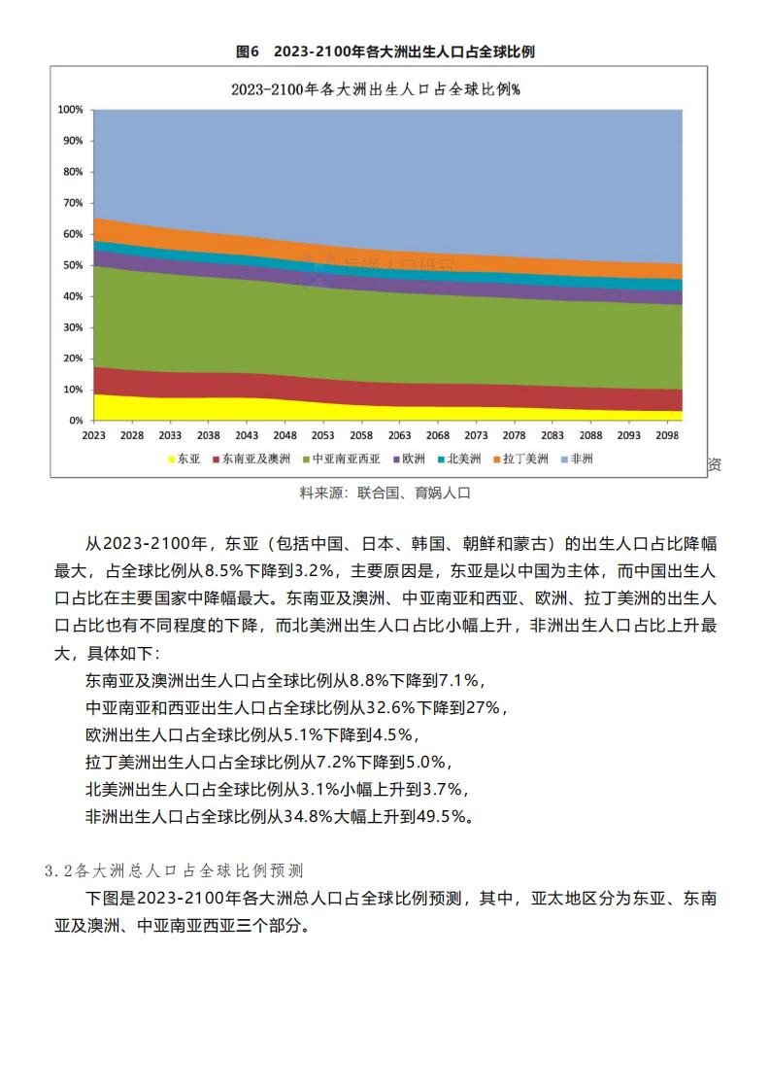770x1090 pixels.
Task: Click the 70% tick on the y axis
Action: (73, 203)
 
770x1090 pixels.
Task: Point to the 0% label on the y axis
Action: (76, 421)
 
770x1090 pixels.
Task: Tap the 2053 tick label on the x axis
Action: (322, 435)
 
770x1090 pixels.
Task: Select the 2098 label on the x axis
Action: (667, 435)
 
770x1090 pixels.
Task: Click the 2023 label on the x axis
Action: (94, 435)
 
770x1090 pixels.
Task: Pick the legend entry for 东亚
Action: (184, 459)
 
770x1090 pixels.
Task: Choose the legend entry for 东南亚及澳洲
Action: (251, 459)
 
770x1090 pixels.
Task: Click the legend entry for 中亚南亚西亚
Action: (342, 459)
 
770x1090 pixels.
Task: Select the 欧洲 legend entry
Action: (410, 459)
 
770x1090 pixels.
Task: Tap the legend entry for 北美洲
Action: (459, 459)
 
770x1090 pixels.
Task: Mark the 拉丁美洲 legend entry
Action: (521, 459)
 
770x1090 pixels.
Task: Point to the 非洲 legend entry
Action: (578, 459)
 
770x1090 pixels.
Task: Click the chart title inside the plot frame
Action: (376, 89)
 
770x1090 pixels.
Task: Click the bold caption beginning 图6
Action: (385, 51)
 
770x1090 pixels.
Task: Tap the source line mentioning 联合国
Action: (385, 493)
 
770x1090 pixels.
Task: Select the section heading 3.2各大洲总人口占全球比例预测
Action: (174, 870)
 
